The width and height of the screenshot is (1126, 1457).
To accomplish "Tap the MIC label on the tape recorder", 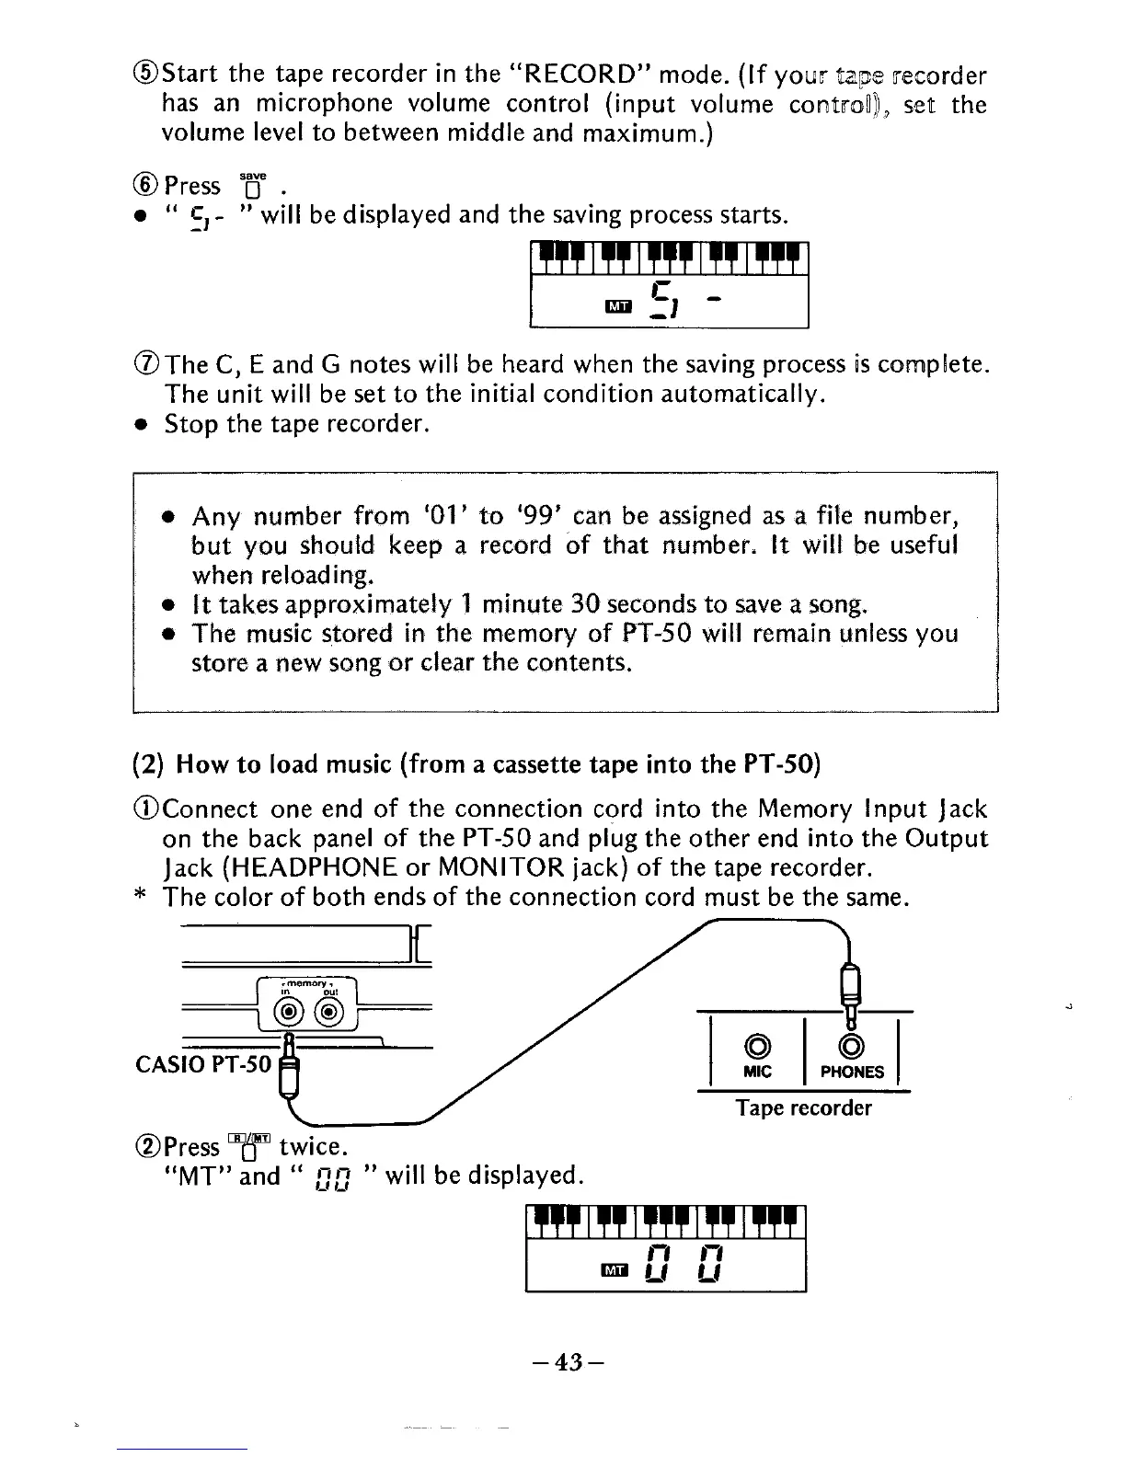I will click(759, 1072).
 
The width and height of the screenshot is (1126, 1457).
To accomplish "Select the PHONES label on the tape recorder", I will click(852, 1072).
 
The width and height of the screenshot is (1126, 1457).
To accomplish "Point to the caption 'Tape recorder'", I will click(803, 1108).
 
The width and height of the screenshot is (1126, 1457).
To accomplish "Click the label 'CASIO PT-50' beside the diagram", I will click(203, 1064).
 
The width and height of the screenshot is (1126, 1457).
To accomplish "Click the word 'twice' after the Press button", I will click(311, 1146).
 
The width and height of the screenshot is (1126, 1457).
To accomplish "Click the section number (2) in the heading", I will click(149, 763).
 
